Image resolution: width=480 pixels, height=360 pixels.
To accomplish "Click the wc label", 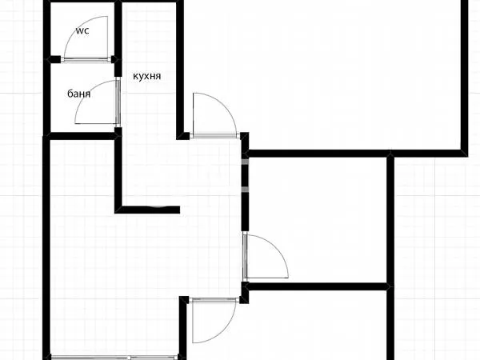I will tap(82, 31).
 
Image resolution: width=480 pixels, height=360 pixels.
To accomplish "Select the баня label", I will tap(78, 94).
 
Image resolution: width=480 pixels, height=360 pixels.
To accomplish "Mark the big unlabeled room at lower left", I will tap(112, 272).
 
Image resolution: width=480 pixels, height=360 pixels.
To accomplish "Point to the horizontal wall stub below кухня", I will tap(149, 210).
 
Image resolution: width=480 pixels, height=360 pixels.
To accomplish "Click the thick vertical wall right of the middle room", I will tap(391, 220).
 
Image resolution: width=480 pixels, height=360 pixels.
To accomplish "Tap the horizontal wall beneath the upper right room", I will tap(352, 151).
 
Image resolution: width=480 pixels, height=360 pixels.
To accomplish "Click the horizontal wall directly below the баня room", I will tap(80, 135).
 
